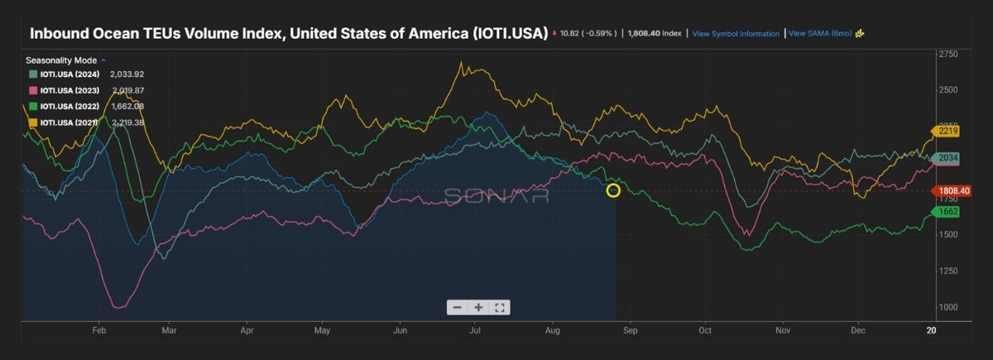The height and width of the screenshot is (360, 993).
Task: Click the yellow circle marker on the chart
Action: tap(613, 190)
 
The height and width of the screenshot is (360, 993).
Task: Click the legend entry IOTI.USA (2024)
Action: tap(70, 74)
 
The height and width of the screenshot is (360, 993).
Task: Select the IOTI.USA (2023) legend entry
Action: tap(70, 90)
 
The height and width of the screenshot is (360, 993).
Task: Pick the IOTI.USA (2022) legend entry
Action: tap(70, 106)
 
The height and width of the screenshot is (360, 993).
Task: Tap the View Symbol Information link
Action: tap(736, 34)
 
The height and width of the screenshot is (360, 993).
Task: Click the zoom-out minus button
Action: tap(458, 307)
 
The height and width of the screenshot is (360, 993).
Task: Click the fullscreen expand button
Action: tap(499, 307)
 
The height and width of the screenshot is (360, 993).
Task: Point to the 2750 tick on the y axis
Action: tap(947, 54)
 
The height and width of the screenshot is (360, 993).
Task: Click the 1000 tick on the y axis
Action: tap(947, 307)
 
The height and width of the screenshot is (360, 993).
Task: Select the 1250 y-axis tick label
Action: tap(947, 271)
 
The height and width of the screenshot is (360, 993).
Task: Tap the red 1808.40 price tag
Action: tap(952, 190)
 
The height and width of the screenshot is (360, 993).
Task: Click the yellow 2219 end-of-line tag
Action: tap(947, 131)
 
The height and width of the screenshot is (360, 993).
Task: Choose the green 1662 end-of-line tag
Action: tap(947, 212)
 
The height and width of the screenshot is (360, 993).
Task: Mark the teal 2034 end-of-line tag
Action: tap(947, 158)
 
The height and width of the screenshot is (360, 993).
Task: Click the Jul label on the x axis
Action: tap(475, 329)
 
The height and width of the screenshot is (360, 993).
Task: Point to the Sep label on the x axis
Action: tap(631, 329)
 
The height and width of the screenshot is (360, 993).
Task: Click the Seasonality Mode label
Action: tap(61, 60)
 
